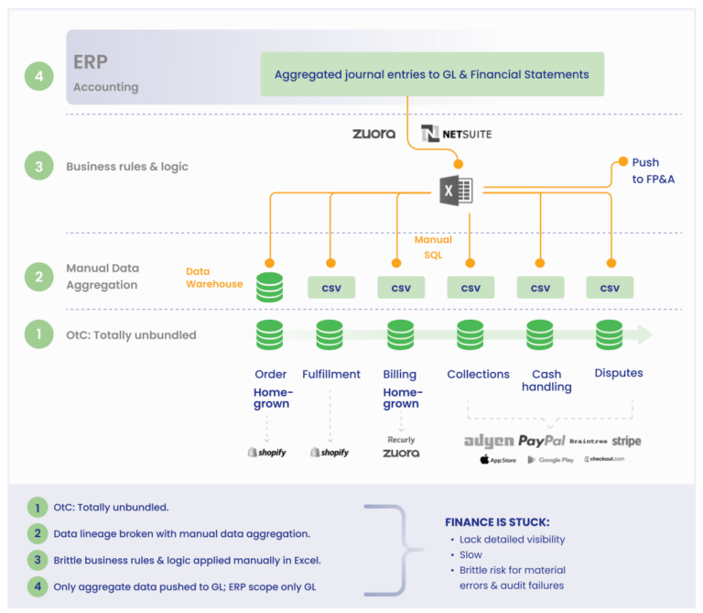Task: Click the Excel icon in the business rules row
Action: (x=456, y=191)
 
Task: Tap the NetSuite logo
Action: (x=456, y=134)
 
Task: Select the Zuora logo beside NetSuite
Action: (x=373, y=134)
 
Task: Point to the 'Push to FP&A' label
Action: (x=653, y=170)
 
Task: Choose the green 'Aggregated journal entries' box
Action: (x=432, y=74)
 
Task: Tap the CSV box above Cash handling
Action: (x=540, y=288)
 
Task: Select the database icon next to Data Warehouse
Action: (x=269, y=287)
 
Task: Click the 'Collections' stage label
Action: (x=478, y=374)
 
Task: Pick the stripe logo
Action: (x=627, y=441)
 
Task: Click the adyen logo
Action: (x=488, y=441)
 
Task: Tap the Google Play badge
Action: (x=550, y=459)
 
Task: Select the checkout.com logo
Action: (x=604, y=459)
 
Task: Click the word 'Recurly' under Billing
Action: (x=400, y=440)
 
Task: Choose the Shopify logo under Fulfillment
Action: (x=330, y=453)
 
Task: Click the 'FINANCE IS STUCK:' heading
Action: (x=496, y=521)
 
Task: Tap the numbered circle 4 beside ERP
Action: (x=38, y=76)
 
